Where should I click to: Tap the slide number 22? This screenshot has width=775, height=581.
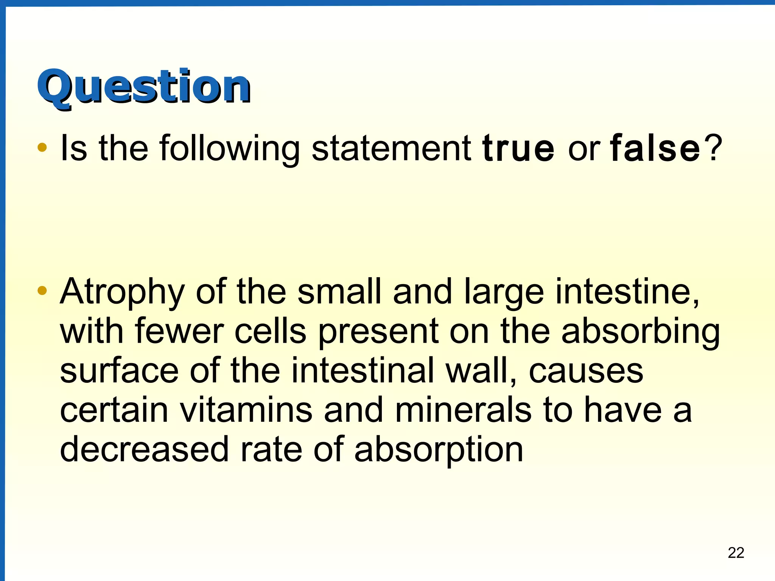[736, 553]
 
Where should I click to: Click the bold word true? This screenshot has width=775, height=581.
[518, 148]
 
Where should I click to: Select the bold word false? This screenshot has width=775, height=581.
[655, 148]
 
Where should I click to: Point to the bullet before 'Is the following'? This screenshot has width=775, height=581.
[42, 148]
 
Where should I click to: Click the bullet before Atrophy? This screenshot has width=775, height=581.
[42, 290]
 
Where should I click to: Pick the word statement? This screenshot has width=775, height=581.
[391, 148]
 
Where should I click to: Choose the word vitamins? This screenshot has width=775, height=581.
[246, 410]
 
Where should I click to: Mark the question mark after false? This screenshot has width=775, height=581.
[715, 148]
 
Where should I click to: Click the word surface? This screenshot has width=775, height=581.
[119, 371]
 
